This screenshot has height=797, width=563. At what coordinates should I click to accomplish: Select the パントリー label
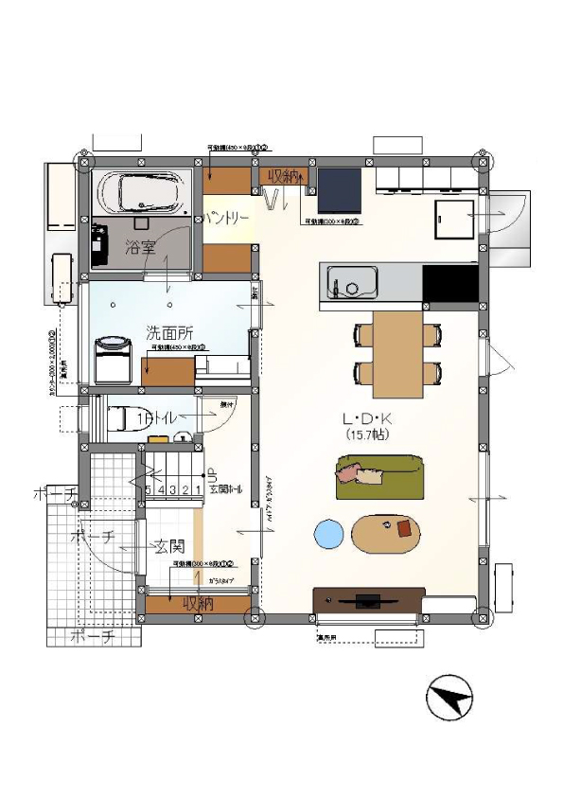click(227, 218)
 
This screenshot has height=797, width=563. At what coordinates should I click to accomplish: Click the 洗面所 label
click(169, 333)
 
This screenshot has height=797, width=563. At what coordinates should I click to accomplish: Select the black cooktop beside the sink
click(449, 283)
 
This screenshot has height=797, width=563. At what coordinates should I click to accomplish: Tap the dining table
click(396, 354)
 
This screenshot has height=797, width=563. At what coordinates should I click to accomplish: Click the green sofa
click(378, 476)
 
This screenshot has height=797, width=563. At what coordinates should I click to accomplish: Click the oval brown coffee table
click(387, 533)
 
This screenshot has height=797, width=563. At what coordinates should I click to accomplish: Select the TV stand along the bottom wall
click(366, 601)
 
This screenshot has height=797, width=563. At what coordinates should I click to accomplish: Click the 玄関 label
click(169, 547)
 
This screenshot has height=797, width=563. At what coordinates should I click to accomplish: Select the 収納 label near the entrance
click(197, 602)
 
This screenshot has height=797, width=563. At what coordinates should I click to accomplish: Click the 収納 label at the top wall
click(283, 176)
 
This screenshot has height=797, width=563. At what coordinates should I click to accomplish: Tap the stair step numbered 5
click(149, 489)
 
